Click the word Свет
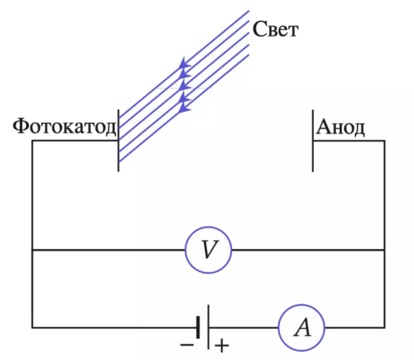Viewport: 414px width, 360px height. coord(275,29)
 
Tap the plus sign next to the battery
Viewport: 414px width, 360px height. coord(222,345)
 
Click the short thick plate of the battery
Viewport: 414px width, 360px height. coord(198,328)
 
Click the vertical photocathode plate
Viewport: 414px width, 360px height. coord(118,140)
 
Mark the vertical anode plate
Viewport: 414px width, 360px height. coord(313,140)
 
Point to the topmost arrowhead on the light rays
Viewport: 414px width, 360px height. coord(184,63)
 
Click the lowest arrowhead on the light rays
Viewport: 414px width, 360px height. coord(184,108)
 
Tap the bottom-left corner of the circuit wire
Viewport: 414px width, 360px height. coord(32,328)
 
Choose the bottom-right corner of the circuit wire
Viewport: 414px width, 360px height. coord(385,328)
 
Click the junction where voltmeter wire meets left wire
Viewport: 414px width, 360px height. coord(32,250)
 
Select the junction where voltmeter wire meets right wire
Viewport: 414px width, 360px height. coord(385,250)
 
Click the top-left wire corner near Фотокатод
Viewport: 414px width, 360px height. coord(32,141)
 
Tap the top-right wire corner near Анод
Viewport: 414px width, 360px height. coord(385,141)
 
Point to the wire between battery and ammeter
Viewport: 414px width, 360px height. coord(244,328)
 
